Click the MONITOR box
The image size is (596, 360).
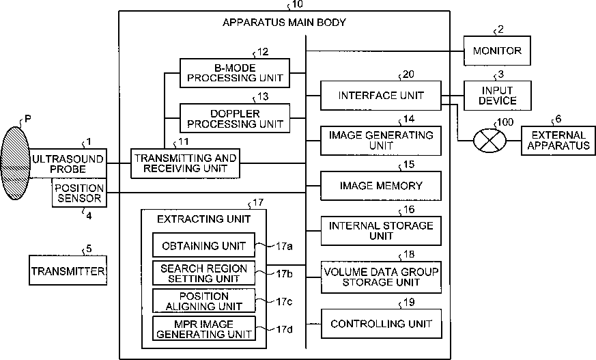click(x=497, y=51)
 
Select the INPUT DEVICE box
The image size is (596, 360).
click(x=497, y=96)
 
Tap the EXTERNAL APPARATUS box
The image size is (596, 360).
click(x=558, y=140)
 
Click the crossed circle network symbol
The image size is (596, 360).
click(x=489, y=141)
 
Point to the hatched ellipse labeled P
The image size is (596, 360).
click(x=16, y=163)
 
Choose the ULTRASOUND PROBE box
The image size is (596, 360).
click(x=68, y=163)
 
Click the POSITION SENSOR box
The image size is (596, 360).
click(x=79, y=193)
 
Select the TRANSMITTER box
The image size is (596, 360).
click(x=68, y=271)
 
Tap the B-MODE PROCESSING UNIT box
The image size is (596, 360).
click(x=235, y=73)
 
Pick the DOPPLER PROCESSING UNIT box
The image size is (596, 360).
click(x=235, y=118)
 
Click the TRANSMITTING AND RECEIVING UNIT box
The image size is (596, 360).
click(x=185, y=163)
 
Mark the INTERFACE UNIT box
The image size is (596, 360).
click(x=381, y=96)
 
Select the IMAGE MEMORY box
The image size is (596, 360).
click(x=381, y=186)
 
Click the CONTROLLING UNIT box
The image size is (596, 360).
click(x=381, y=324)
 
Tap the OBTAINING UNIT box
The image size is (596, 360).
click(x=203, y=245)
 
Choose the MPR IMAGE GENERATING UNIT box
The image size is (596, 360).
click(x=203, y=329)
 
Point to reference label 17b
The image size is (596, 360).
click(x=284, y=274)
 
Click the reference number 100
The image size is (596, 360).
click(x=505, y=122)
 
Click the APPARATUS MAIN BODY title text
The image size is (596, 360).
click(x=284, y=23)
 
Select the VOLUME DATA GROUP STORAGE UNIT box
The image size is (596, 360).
click(x=381, y=277)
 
